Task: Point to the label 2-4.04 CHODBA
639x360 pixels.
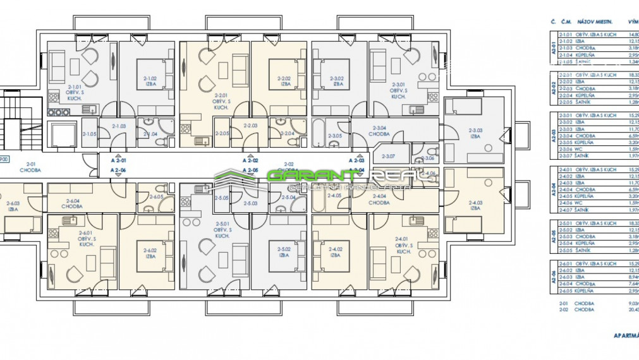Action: click(x=379, y=200)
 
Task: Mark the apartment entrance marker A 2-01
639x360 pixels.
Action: click(x=118, y=161)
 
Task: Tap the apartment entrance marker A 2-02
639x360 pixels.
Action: click(x=251, y=161)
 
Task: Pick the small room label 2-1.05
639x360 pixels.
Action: click(x=90, y=134)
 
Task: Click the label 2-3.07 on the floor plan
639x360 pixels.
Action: click(x=389, y=156)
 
